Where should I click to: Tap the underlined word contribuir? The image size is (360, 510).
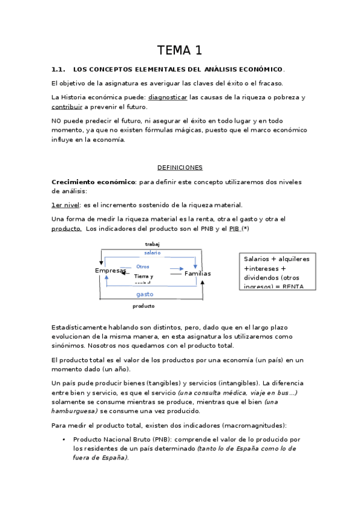coord(66,106)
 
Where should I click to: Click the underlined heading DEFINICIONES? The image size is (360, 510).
coord(180,167)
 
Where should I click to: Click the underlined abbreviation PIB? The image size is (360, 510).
coord(234,229)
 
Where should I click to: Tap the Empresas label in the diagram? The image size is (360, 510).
coord(111,271)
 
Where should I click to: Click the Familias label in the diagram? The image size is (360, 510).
coord(197,273)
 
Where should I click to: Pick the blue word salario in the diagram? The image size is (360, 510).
coord(152,253)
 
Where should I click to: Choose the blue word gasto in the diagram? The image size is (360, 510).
coord(145,294)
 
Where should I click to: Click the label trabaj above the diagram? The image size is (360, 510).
coord(152,244)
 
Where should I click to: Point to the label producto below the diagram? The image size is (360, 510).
coord(144,306)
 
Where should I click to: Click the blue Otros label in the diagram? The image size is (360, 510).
coord(142,266)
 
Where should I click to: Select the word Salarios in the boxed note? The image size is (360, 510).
coord(258,259)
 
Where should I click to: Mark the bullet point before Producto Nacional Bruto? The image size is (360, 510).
coord(64,440)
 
